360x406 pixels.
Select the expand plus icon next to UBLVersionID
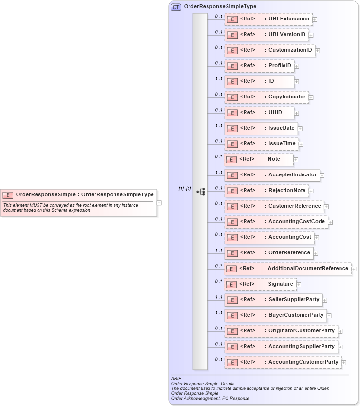coord(311,35)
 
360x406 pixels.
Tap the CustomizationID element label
coord(290,50)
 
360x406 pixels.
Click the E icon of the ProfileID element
coord(232,66)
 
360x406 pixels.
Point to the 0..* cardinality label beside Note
coord(219,156)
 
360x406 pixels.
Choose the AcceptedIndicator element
coord(271,175)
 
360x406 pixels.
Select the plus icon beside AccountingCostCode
coord(330,222)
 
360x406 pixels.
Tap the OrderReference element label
coord(289,253)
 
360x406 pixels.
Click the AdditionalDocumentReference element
coord(287,269)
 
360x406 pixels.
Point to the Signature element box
coord(260,284)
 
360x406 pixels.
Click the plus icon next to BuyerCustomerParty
coord(329,316)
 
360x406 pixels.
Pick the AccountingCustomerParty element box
coord(283,362)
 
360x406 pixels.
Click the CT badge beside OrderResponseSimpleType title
coord(176,7)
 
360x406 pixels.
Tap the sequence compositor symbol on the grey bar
coord(200,192)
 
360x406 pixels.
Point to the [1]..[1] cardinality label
coord(185,188)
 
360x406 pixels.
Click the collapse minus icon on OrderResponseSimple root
coord(159,202)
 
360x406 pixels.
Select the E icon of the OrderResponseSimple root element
coord(8,195)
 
